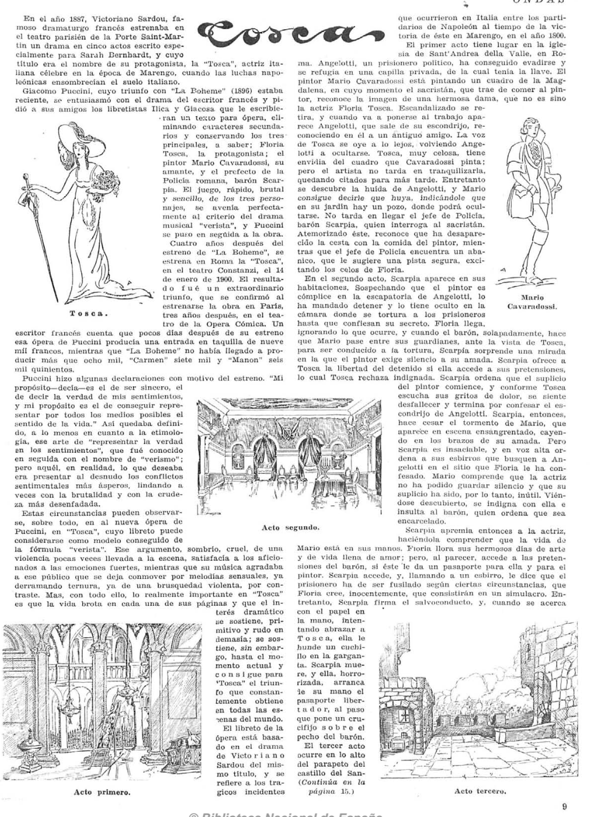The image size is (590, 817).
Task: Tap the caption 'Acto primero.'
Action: (x=101, y=792)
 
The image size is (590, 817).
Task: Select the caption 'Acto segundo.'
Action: (x=290, y=528)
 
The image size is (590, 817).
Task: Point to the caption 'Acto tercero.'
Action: (x=479, y=791)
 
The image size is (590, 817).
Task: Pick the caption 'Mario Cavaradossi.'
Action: (x=532, y=301)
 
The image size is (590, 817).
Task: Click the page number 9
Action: (x=564, y=807)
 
